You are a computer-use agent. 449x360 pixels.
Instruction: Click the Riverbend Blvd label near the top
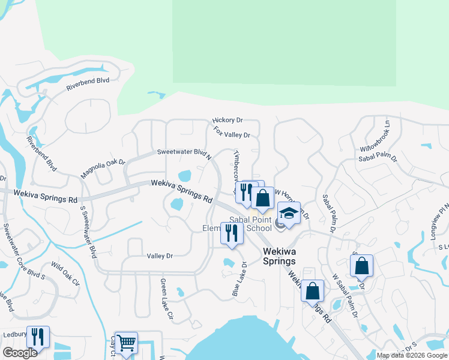click(x=88, y=83)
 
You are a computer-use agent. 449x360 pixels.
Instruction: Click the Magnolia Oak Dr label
click(x=103, y=169)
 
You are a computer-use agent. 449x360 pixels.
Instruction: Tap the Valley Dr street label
click(x=160, y=256)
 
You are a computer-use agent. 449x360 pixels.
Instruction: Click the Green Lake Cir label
click(x=167, y=298)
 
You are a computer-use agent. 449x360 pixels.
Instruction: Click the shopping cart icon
click(x=126, y=343)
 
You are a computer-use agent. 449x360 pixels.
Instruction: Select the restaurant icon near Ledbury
click(x=38, y=337)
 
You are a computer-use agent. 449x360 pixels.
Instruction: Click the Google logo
click(x=20, y=353)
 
